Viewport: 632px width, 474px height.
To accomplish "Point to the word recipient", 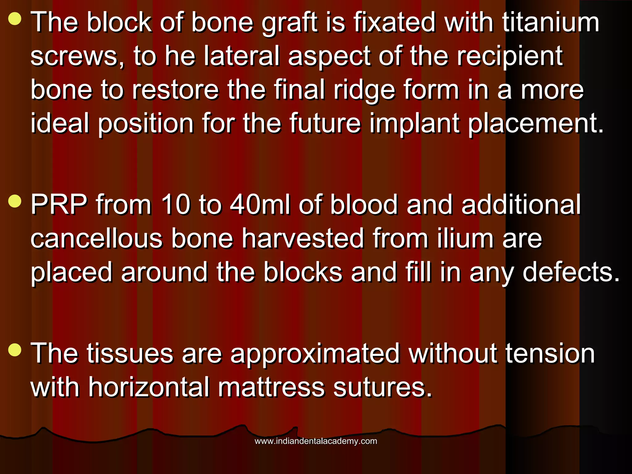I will [510, 57].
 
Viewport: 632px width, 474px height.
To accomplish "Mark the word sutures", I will [382, 388].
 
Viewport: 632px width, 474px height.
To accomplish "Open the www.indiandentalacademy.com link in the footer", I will [316, 441].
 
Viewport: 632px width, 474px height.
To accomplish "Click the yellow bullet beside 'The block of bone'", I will [15, 19].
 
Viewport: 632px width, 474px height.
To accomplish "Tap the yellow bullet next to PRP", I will [15, 201].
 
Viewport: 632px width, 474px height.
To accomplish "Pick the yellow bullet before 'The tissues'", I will [15, 350].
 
